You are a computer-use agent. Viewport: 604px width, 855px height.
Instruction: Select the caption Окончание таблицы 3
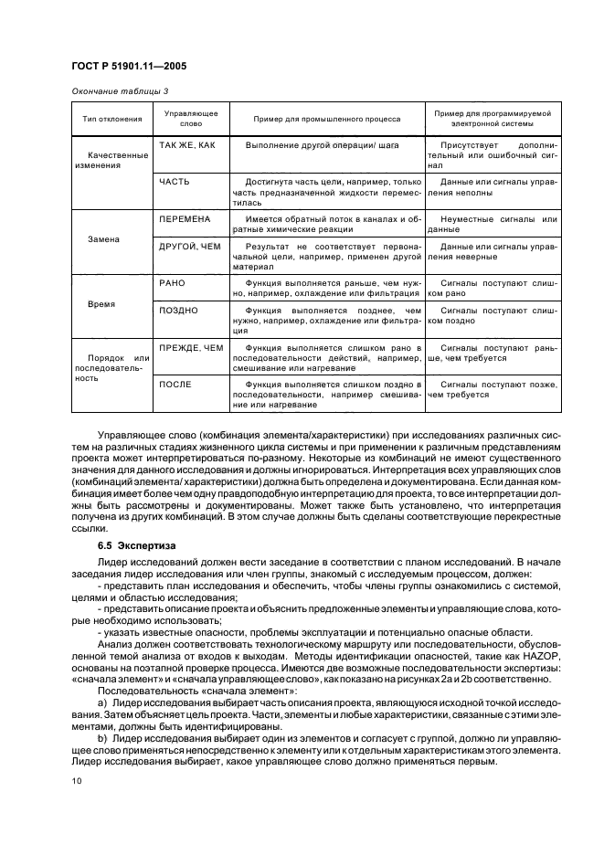(120, 90)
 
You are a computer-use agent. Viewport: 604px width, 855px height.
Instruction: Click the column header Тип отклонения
(112, 120)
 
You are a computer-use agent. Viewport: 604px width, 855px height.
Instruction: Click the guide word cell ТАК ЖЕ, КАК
(187, 145)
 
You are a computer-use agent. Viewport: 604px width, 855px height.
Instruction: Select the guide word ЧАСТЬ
(174, 182)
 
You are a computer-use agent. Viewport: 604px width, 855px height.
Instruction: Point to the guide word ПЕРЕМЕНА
(185, 219)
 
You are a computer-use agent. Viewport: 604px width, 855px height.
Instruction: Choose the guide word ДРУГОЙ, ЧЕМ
(190, 246)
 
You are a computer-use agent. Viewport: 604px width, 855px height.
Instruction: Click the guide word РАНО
(172, 284)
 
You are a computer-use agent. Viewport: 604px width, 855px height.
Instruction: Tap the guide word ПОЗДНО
(178, 311)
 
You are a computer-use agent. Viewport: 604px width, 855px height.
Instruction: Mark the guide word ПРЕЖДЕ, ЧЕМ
(190, 348)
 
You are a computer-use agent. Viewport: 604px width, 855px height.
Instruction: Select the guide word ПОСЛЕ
(175, 385)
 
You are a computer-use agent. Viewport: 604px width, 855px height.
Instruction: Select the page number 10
(76, 779)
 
